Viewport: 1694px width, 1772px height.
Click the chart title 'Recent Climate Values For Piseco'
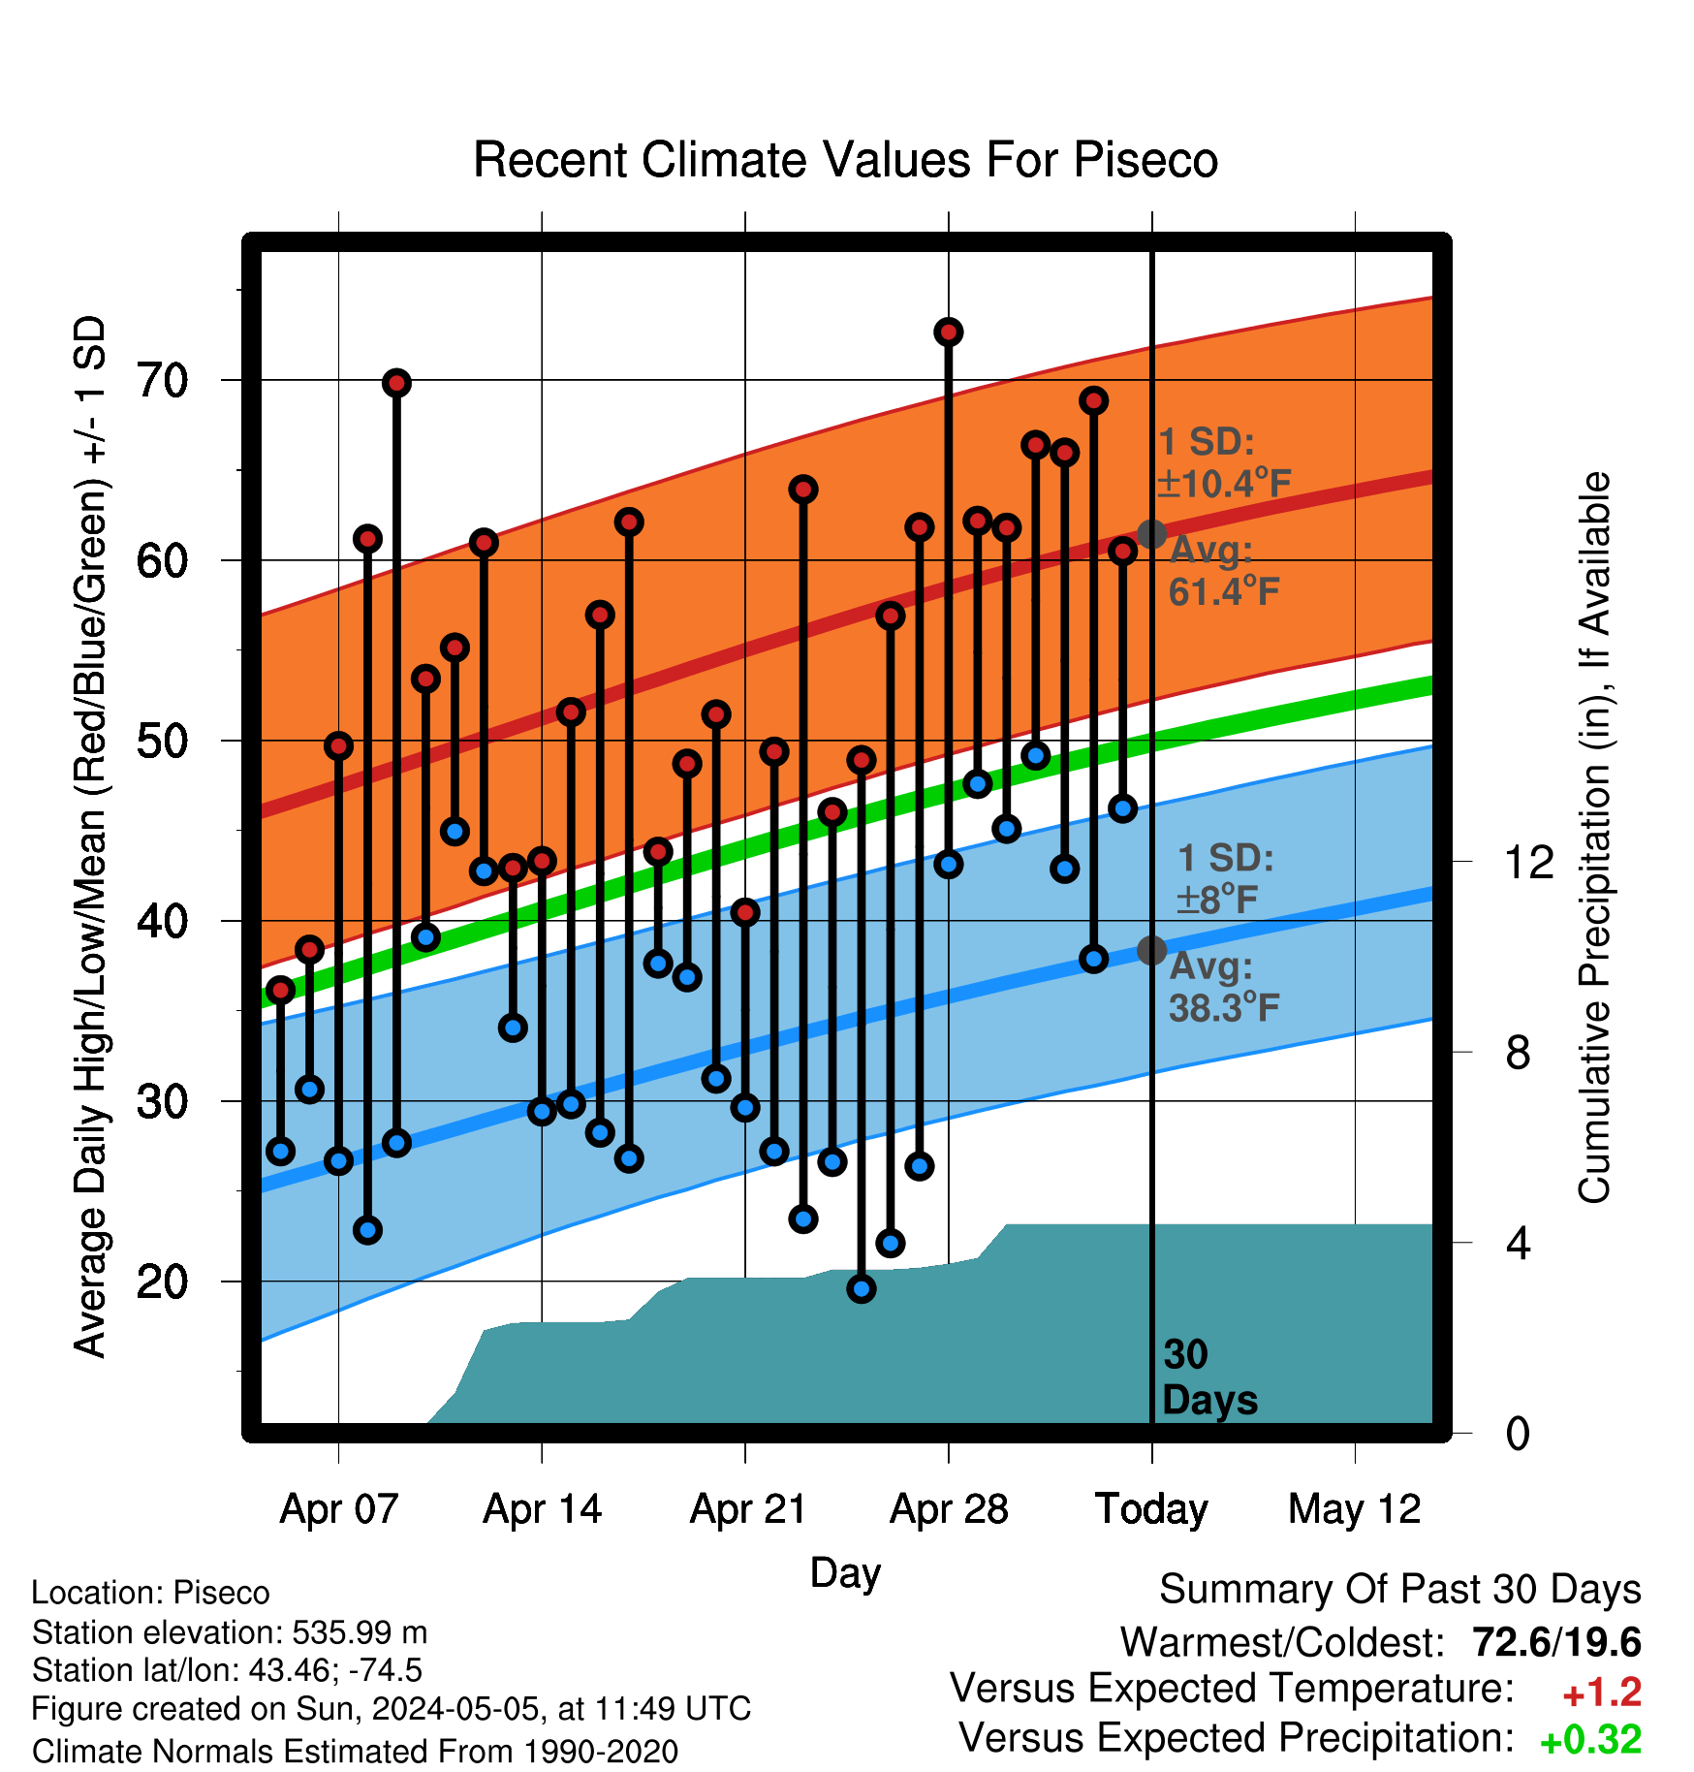click(x=845, y=160)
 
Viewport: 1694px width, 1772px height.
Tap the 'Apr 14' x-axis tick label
click(x=542, y=1509)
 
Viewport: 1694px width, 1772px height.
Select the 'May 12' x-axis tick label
click(x=1354, y=1509)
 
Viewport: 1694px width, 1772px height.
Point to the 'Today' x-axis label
click(x=1151, y=1509)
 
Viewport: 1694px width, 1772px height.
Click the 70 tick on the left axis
click(x=163, y=381)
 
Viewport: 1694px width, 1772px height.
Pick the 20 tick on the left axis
click(x=163, y=1282)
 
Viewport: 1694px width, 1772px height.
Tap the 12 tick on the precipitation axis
click(x=1529, y=861)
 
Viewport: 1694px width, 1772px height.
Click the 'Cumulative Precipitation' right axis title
click(x=1594, y=838)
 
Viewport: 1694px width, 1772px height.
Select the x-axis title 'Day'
click(x=845, y=1573)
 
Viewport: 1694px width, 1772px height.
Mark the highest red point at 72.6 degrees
click(x=948, y=332)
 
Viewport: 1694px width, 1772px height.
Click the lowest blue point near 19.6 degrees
click(x=861, y=1288)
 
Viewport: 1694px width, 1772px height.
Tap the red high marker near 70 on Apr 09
click(x=395, y=383)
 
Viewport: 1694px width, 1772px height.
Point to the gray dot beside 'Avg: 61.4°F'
click(x=1151, y=533)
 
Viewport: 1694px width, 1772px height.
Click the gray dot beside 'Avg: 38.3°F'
click(x=1151, y=950)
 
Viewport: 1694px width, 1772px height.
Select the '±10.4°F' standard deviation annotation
click(x=1224, y=483)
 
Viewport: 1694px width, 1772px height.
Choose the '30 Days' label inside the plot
click(x=1209, y=1377)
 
